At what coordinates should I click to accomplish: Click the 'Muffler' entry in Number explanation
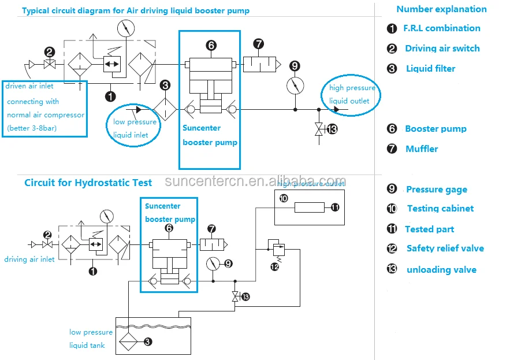pyautogui.click(x=421, y=149)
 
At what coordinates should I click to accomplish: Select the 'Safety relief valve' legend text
pyautogui.click(x=445, y=248)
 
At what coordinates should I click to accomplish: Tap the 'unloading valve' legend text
pyautogui.click(x=441, y=270)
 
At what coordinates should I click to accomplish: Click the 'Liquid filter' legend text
pyautogui.click(x=430, y=69)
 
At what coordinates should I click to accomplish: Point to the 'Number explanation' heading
pyautogui.click(x=441, y=9)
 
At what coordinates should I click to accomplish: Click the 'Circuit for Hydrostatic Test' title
pyautogui.click(x=88, y=183)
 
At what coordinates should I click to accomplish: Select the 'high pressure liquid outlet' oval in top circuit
pyautogui.click(x=352, y=95)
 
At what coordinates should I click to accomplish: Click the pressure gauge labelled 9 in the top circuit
pyautogui.click(x=295, y=86)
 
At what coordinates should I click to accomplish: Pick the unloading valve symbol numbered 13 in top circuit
pyautogui.click(x=318, y=129)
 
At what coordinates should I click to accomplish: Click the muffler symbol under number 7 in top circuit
pyautogui.click(x=259, y=64)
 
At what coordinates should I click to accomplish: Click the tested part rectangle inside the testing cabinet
pyautogui.click(x=309, y=207)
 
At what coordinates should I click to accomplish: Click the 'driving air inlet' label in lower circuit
pyautogui.click(x=29, y=259)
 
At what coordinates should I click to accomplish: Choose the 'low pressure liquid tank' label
pyautogui.click(x=91, y=339)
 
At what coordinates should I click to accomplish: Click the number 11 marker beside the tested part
pyautogui.click(x=334, y=207)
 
